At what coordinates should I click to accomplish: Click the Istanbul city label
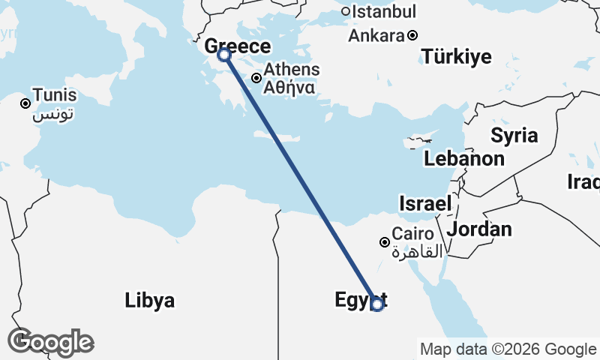[x=383, y=12]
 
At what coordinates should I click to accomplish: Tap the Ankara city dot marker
[x=412, y=35]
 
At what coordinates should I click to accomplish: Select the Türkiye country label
[x=456, y=56]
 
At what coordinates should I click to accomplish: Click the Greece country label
[x=238, y=46]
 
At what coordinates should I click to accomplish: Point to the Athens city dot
[x=256, y=77]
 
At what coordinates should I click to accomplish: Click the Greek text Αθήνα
[x=288, y=87]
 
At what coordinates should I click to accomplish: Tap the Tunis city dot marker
[x=25, y=103]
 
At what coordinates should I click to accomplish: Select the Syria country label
[x=514, y=136]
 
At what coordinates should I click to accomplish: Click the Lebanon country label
[x=463, y=159]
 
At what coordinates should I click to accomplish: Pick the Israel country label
[x=425, y=203]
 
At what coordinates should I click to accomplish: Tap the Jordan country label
[x=479, y=229]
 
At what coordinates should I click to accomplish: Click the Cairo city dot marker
[x=385, y=241]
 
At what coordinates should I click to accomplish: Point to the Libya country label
[x=150, y=301]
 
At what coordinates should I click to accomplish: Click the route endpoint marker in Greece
[x=223, y=55]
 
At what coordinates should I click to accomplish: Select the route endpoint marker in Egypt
[x=377, y=304]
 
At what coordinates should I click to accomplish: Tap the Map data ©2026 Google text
[x=508, y=349]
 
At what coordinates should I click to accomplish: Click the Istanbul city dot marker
[x=346, y=11]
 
